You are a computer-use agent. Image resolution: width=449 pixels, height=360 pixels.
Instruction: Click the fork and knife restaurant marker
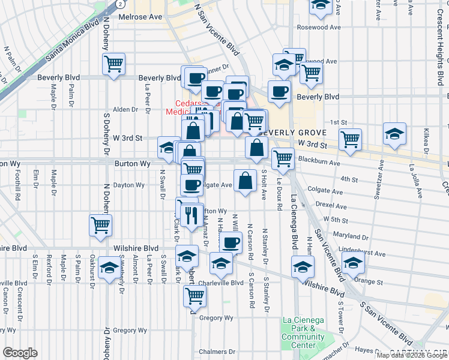(191, 215)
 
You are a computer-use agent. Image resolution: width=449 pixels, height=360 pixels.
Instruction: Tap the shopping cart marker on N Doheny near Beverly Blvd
(113, 63)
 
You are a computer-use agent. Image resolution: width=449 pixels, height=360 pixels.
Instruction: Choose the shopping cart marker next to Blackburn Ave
(282, 159)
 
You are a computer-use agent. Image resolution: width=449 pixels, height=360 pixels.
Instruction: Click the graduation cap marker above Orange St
(352, 262)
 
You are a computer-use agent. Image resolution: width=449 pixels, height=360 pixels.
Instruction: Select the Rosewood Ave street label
(319, 27)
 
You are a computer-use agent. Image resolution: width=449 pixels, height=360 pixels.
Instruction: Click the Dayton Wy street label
(129, 185)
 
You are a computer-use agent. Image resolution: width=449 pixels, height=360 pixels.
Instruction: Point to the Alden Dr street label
(125, 109)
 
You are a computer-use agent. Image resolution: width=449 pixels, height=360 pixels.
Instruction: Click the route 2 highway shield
(121, 4)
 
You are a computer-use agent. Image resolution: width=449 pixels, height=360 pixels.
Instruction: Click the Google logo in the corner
(20, 353)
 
